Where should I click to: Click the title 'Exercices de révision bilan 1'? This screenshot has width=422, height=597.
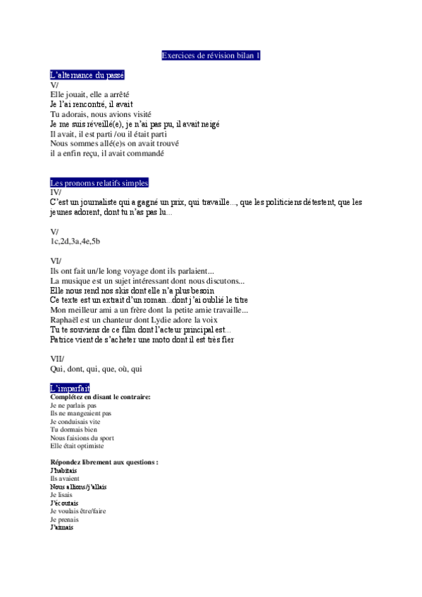click(x=211, y=55)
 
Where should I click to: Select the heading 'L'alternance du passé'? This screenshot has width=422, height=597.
click(x=87, y=75)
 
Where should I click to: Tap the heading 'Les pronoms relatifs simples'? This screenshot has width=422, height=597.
click(x=99, y=182)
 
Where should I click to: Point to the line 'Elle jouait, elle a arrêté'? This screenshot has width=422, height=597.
click(x=89, y=94)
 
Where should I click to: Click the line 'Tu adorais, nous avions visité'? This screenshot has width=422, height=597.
click(x=101, y=114)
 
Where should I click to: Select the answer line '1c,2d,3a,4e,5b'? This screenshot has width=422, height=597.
click(x=75, y=241)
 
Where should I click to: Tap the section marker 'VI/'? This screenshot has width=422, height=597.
click(x=56, y=261)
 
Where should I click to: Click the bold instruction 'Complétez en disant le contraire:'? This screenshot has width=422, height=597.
click(x=100, y=397)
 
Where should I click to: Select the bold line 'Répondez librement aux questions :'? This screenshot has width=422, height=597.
click(x=104, y=462)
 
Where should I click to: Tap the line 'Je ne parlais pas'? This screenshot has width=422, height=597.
click(x=73, y=406)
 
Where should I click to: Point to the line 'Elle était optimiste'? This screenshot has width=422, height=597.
click(x=77, y=446)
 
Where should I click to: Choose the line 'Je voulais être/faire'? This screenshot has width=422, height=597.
click(x=78, y=511)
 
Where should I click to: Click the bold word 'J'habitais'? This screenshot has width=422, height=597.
click(x=63, y=470)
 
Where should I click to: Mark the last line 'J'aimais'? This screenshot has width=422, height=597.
click(x=61, y=527)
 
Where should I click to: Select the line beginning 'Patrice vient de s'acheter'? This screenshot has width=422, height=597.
click(x=142, y=339)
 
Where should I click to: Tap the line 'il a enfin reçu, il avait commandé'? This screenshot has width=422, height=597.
click(x=107, y=153)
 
